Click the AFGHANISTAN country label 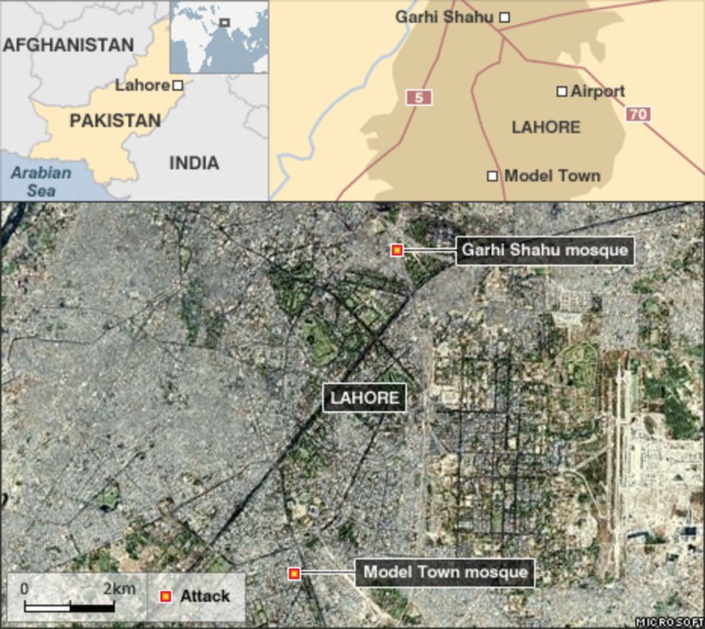coord(69,45)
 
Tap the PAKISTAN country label coord(115,121)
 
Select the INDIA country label coord(194,162)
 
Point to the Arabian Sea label coord(40,181)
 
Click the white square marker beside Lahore coord(178,85)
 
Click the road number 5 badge coord(418,97)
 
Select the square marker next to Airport coord(562,91)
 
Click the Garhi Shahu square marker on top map coord(505,17)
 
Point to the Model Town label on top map coord(552,175)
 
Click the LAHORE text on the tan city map coord(545,127)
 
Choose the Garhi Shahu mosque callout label coord(545,251)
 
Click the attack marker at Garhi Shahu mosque coord(397,250)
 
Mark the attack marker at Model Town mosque coord(294,573)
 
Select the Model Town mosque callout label coord(445,573)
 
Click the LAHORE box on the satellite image coord(364,398)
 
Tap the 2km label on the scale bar coord(119,589)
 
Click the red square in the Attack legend coord(165,597)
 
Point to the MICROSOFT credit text coord(670,622)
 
